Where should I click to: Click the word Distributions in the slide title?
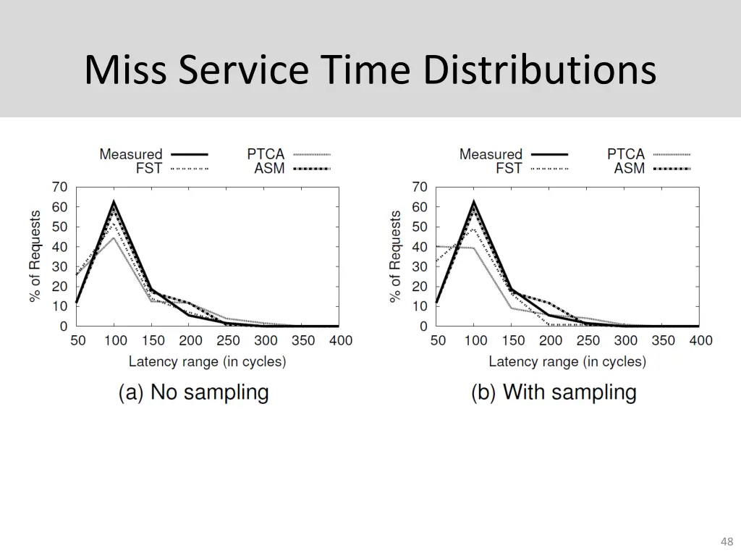[540, 70]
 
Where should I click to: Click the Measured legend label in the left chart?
[131, 154]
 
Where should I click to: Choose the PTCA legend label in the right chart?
[626, 154]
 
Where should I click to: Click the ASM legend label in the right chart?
[629, 169]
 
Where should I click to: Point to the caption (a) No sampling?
[193, 392]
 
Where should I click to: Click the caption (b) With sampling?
[554, 392]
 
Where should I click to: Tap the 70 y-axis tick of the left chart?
[59, 187]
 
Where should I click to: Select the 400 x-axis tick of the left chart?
[339, 341]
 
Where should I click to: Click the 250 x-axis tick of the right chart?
[588, 341]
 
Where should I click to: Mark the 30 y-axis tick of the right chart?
[420, 266]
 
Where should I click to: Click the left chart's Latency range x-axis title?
[207, 361]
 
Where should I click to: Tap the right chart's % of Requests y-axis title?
[396, 257]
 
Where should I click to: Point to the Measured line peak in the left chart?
[114, 202]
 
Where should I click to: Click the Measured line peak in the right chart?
[474, 202]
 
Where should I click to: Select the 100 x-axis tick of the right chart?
[475, 341]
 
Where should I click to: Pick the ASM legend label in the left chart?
[269, 169]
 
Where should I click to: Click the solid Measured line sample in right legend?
[549, 154]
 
